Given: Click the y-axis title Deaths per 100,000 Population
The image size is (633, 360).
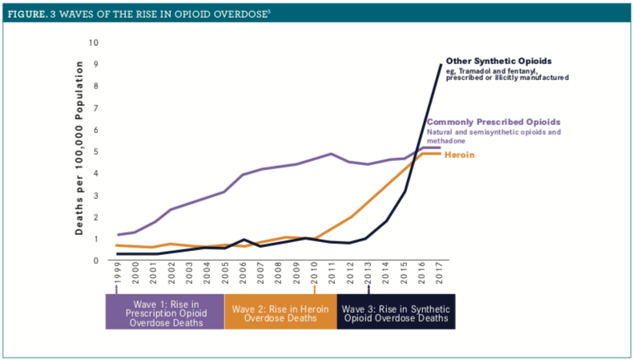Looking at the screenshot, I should pos(81,152).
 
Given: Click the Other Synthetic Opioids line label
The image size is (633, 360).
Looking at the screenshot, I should pos(498,61).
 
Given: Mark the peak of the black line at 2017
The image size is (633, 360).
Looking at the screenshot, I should pos(441,65).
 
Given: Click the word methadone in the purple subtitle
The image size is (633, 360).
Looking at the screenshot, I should pos(446,140).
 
